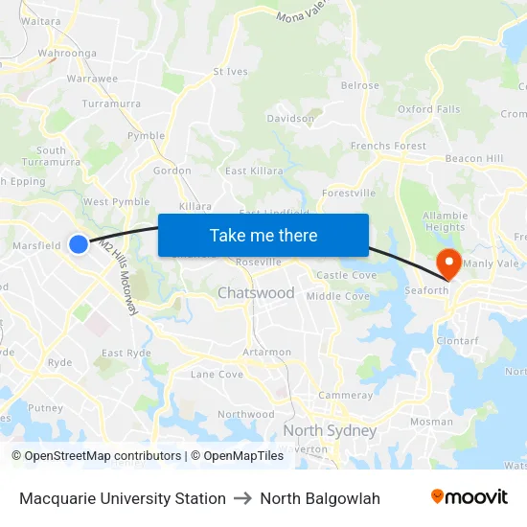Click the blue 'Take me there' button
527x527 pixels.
coord(263,235)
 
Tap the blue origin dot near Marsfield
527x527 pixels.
coord(79,244)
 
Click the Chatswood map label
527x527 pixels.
coord(256,292)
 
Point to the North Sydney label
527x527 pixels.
coord(329,430)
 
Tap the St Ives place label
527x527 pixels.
coord(230,71)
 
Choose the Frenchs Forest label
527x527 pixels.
coord(388,146)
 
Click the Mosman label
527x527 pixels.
coord(431,421)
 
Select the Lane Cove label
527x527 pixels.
coord(217,374)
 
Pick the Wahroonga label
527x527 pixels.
coord(67,54)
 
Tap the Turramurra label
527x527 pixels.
coord(111,103)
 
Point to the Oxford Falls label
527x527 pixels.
coord(429,109)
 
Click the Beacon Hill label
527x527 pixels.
coord(473,158)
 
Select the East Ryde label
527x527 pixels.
coord(126,353)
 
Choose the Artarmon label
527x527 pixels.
coord(266,353)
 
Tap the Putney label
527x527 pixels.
coord(45,407)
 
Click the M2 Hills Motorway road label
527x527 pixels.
coord(119,278)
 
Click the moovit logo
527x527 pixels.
coord(469,497)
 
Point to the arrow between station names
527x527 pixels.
coord(242,498)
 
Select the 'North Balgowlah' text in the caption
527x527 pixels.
coord(320,498)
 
